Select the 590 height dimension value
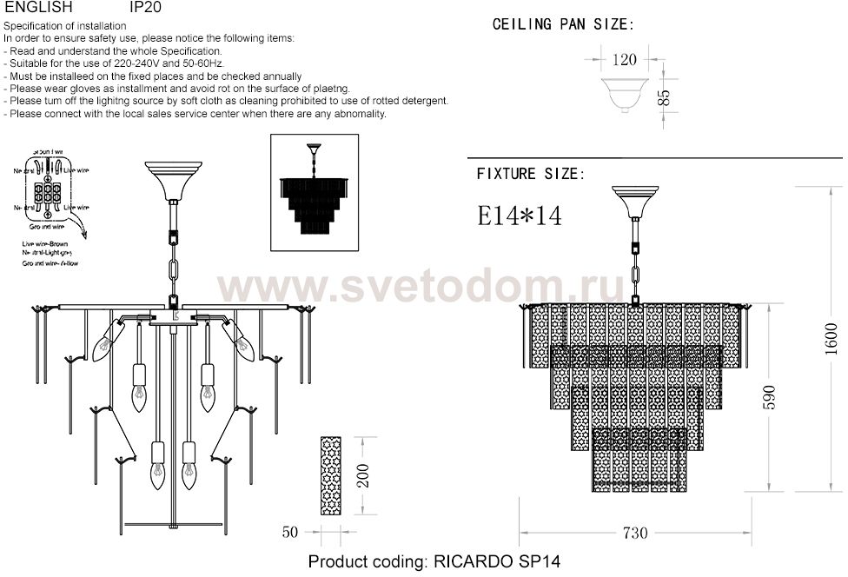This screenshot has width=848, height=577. pos(768,397)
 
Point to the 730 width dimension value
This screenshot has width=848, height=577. pos(635,533)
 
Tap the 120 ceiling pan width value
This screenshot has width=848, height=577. pos(624,60)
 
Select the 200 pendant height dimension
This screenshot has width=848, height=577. pos(364,475)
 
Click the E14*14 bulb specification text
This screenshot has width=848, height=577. pos(520,216)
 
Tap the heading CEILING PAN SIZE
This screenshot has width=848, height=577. pos(563,24)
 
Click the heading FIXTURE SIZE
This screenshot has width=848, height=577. pos(530,174)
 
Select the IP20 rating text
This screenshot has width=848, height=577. pos(143,7)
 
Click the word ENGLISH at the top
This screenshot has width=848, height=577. pos(32,7)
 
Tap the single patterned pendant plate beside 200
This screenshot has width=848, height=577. pos(331,475)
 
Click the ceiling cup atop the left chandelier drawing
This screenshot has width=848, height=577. pos(172,180)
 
